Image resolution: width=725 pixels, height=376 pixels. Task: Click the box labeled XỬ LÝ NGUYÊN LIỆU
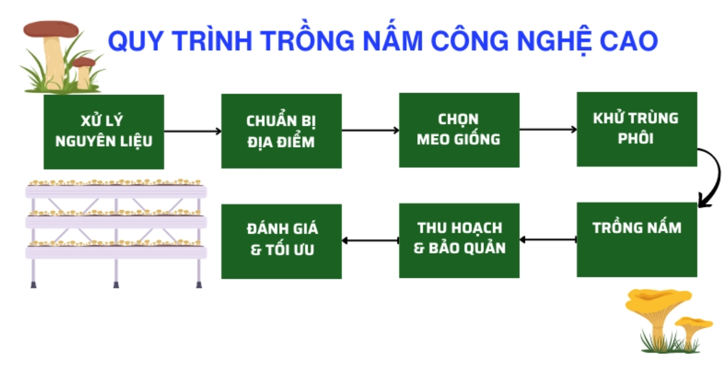tap(103, 132)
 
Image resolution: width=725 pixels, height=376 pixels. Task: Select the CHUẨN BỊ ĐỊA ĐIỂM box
tap(281, 130)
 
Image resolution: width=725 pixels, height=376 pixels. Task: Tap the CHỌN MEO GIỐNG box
tap(459, 130)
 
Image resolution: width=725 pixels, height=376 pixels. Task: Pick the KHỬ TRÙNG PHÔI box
tap(636, 129)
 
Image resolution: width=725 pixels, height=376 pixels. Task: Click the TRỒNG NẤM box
tap(636, 239)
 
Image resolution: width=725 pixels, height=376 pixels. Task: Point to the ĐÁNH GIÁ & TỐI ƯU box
tap(281, 241)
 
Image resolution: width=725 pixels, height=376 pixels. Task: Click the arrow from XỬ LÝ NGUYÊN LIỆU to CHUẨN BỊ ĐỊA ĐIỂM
tap(192, 131)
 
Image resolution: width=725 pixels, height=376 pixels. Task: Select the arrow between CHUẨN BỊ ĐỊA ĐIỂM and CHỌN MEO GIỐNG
tap(370, 130)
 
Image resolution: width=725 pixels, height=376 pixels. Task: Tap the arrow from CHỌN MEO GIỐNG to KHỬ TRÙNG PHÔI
tap(548, 129)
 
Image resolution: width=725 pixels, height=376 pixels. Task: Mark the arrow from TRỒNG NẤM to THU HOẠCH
tap(548, 239)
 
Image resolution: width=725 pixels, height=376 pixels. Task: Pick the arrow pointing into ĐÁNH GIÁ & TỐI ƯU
tap(370, 241)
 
